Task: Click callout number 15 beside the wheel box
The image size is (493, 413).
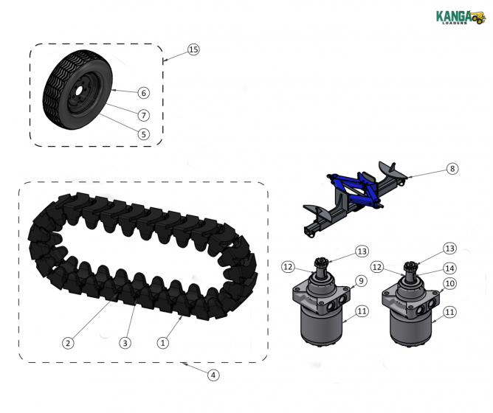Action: click(193, 49)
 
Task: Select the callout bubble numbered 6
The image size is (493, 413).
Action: click(143, 93)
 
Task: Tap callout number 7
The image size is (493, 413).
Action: click(143, 115)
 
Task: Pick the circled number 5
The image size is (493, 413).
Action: click(143, 134)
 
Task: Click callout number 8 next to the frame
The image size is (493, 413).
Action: click(452, 169)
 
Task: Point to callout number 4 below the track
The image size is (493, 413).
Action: click(213, 375)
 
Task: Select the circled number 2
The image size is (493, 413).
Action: click(68, 342)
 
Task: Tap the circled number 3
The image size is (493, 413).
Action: click(125, 342)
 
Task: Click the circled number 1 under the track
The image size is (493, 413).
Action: click(164, 342)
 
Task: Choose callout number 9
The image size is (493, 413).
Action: click(361, 280)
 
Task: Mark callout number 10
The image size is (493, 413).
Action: click(449, 283)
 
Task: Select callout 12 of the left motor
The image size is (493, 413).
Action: click(288, 266)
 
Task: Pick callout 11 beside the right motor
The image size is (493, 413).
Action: click(449, 312)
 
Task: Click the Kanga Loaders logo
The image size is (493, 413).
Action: click(458, 16)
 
